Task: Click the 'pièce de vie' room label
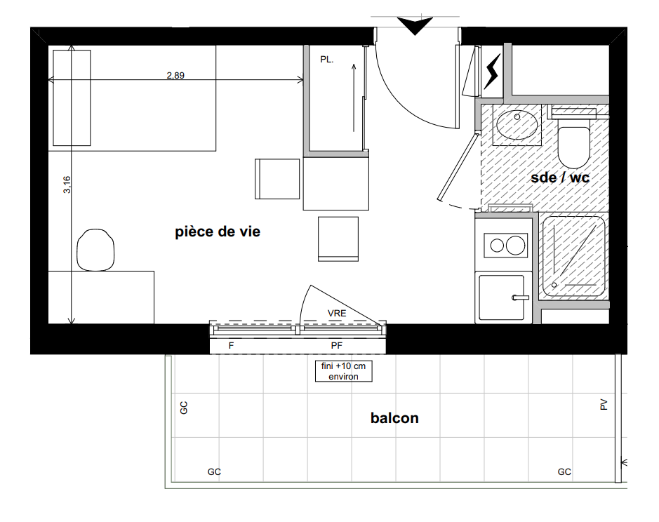pos(218,232)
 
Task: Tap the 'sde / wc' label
pos(560,178)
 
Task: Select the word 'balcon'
pos(394,418)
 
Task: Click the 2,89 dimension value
pos(175,75)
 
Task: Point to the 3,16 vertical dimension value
pos(67,185)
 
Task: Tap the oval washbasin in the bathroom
pos(517,124)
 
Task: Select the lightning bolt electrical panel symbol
pos(492,71)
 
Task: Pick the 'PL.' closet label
pos(326,60)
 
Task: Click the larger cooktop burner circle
pos(515,246)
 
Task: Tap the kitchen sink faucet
pos(520,297)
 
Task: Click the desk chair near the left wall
pos(96,250)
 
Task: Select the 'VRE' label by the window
pos(337,313)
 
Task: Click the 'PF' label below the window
pos(337,345)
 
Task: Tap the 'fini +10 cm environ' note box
pos(344,371)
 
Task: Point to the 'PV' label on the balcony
pos(604,404)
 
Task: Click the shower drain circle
pos(554,285)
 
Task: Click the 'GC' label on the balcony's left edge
pos(184,408)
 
